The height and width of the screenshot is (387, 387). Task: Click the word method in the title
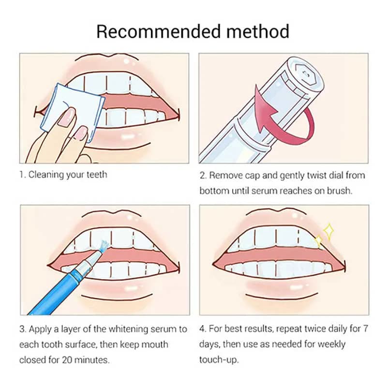click(258, 31)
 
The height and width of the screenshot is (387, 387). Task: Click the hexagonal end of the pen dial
click(306, 74)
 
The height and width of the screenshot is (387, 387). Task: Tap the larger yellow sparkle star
click(328, 232)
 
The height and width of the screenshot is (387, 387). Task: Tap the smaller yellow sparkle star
click(318, 240)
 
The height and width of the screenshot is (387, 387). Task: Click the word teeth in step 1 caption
click(97, 175)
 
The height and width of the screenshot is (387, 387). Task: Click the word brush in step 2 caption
click(340, 191)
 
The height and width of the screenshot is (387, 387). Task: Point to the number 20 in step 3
click(67, 360)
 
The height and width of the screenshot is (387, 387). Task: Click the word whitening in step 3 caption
click(128, 329)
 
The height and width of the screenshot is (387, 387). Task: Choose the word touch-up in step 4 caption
click(219, 360)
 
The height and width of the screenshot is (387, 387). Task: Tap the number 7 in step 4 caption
click(366, 329)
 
